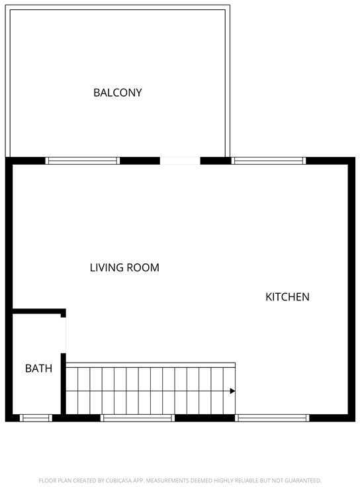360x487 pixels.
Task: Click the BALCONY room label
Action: pyautogui.click(x=118, y=93)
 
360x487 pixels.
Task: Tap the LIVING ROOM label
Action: pyautogui.click(x=124, y=267)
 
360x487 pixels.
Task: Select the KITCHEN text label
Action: pyautogui.click(x=287, y=297)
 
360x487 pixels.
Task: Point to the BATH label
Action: pyautogui.click(x=38, y=369)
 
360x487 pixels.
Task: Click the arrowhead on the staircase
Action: pyautogui.click(x=232, y=391)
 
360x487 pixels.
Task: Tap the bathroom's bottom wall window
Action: pyautogui.click(x=36, y=418)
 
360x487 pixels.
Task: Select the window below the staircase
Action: pyautogui.click(x=137, y=418)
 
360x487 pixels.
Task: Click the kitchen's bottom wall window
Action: pyautogui.click(x=272, y=418)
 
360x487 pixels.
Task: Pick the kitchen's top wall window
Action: pyautogui.click(x=269, y=161)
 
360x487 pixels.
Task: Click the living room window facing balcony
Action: pyautogui.click(x=82, y=161)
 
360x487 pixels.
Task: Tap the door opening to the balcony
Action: pyautogui.click(x=180, y=161)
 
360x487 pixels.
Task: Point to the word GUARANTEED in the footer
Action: pyautogui.click(x=302, y=480)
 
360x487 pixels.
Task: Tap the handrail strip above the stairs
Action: pyautogui.click(x=151, y=365)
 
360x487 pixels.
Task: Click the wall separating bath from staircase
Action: pyautogui.click(x=64, y=384)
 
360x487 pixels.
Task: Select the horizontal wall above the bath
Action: pyautogui.click(x=39, y=311)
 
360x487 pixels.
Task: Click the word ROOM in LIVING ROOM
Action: pyautogui.click(x=143, y=267)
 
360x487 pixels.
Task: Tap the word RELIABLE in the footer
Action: pyautogui.click(x=247, y=480)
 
